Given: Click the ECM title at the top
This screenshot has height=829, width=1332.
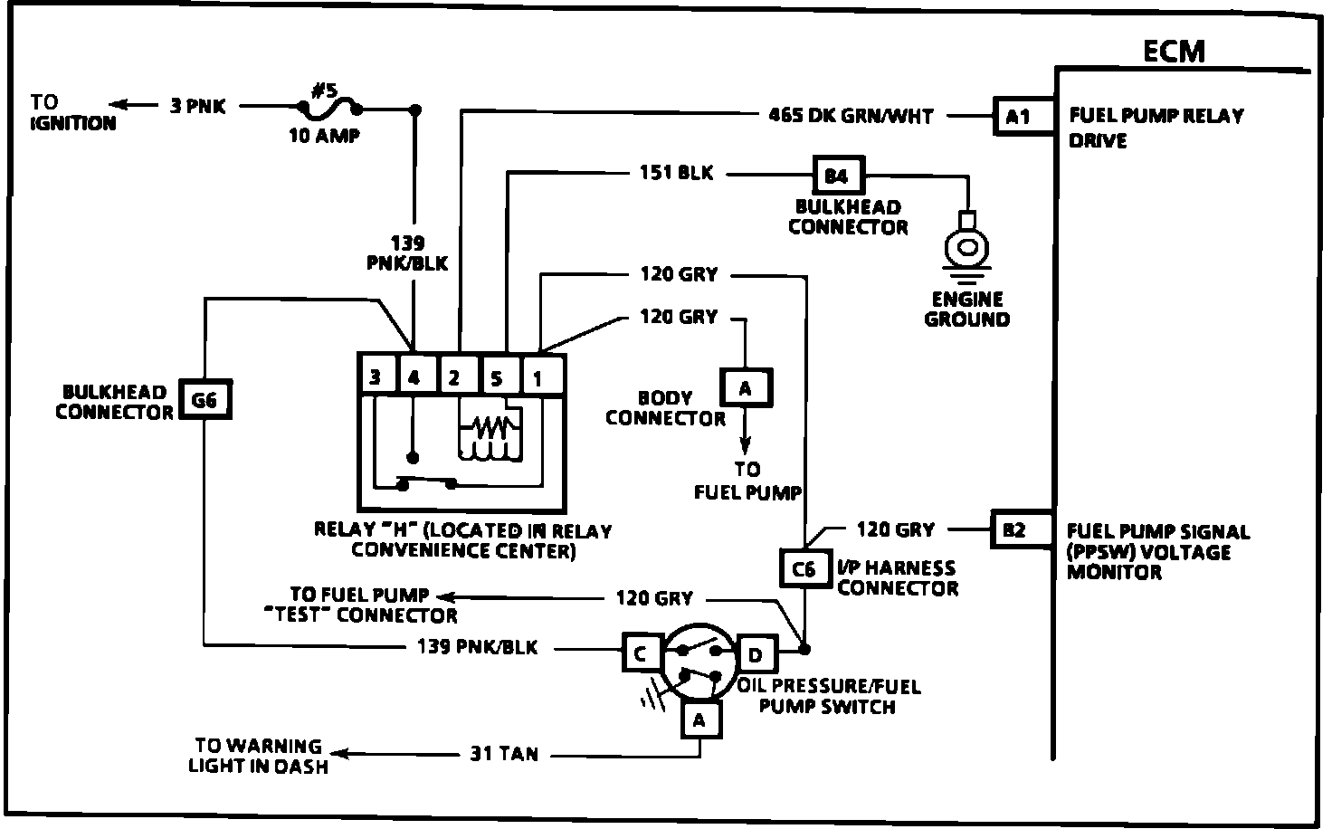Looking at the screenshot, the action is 1174,52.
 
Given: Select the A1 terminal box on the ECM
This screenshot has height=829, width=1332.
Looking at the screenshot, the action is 1018,117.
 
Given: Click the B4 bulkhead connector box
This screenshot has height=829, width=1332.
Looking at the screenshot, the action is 839,176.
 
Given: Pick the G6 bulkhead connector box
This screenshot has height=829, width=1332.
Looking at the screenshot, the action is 205,400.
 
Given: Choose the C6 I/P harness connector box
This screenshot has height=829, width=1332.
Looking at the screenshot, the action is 805,568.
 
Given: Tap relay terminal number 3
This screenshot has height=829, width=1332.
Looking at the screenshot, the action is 376,376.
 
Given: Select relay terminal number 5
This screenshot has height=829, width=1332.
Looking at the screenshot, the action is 497,377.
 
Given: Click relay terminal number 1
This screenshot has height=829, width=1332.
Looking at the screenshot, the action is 538,377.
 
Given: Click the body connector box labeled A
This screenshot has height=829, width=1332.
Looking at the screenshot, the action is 746,387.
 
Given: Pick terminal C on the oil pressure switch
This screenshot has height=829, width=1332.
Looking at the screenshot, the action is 642,653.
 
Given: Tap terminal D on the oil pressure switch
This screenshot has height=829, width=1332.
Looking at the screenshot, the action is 756,653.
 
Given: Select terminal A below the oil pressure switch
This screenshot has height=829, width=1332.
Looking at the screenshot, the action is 700,719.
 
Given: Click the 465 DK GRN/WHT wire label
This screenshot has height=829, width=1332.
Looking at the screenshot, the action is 851,115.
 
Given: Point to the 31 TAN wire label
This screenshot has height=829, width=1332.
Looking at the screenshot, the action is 504,754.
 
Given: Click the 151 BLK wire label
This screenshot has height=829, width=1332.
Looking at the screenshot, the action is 676,173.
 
